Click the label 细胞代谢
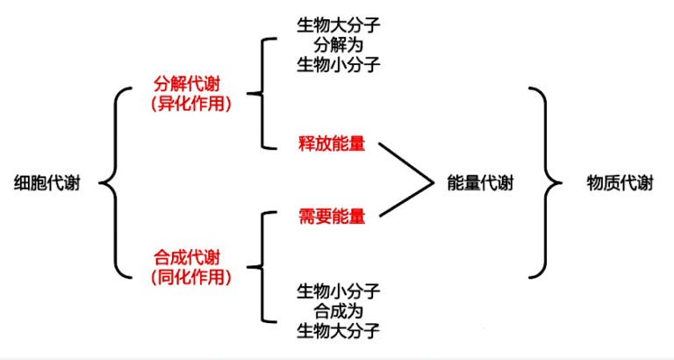47,184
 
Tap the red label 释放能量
332,144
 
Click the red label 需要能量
332,216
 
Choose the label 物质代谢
620,183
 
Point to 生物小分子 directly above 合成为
338,291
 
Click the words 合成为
338,310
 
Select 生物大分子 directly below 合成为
338,330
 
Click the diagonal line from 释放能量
406,163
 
